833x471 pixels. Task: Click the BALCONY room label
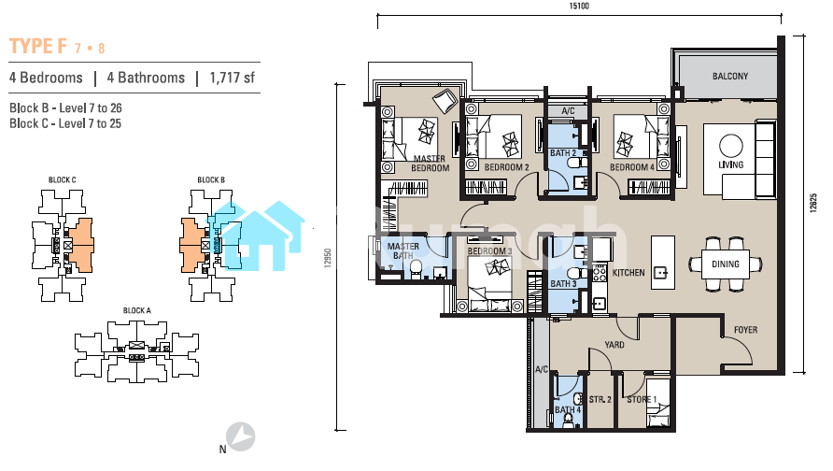730,77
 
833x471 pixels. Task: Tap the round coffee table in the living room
731,145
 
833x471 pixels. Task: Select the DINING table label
726,264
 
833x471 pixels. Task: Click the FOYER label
745,330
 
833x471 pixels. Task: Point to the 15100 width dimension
579,6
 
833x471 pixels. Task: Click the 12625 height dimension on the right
812,203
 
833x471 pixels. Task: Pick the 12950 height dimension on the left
328,258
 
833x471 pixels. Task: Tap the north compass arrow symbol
241,436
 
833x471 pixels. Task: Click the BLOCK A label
137,310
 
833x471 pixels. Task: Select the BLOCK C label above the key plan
63,179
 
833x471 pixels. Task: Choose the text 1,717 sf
233,78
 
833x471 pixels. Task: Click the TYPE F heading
38,46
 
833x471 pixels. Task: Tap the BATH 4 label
568,410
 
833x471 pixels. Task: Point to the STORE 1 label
642,399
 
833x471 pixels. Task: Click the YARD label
614,345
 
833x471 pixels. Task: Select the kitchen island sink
661,273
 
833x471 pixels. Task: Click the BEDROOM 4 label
632,167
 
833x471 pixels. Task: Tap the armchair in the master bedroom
445,100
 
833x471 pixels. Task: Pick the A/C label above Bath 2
568,111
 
